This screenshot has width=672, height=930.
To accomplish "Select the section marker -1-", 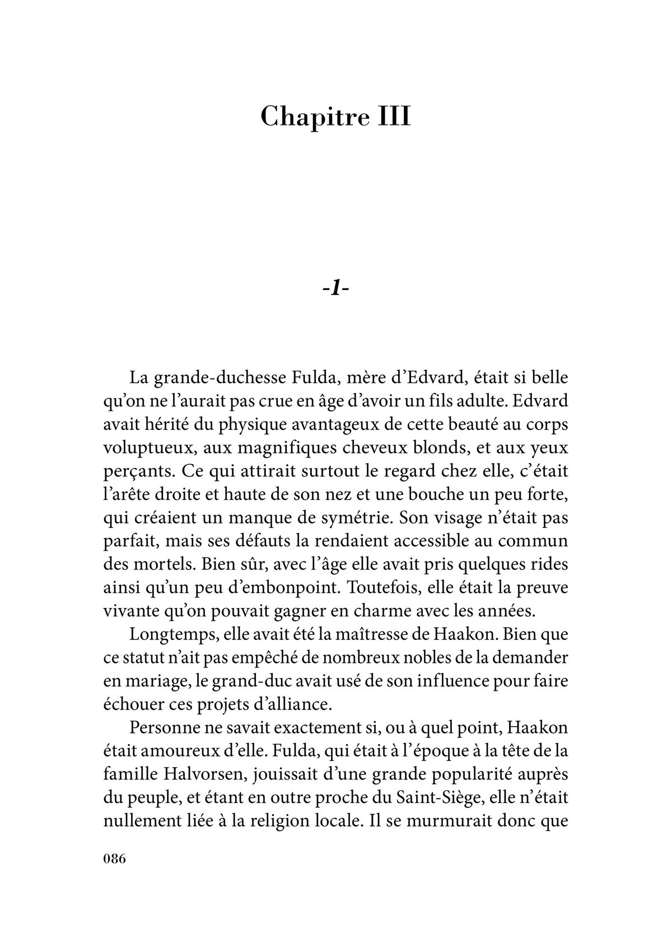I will click(x=336, y=289).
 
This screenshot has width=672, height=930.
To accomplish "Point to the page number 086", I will click(x=115, y=858).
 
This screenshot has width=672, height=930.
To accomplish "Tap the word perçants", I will click(x=138, y=471).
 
